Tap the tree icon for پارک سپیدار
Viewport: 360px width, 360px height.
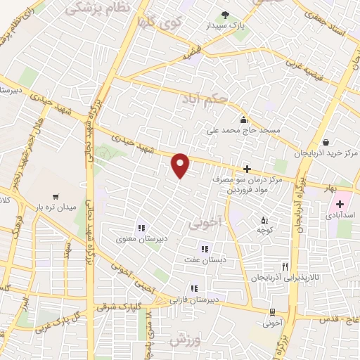tap(225, 15)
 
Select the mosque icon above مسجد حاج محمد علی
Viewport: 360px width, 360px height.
tap(243, 120)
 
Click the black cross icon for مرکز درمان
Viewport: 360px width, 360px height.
tap(247, 169)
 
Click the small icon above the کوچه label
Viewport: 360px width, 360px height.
tap(264, 219)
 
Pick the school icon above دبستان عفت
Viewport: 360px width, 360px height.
tap(205, 248)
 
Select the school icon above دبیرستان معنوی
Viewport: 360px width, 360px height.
tap(141, 228)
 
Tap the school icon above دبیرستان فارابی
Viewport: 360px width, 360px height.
tap(193, 288)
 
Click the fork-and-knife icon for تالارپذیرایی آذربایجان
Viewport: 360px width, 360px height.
tap(285, 266)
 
